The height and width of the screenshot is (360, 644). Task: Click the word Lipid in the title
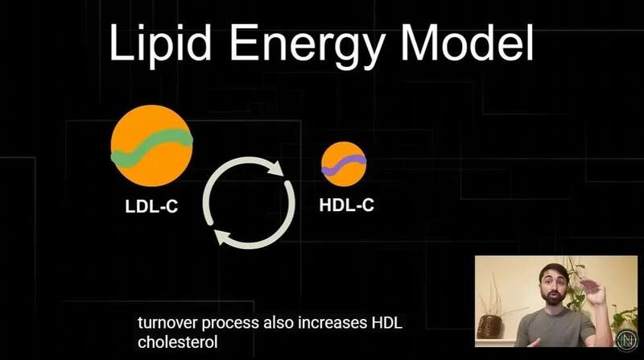pyautogui.click(x=160, y=43)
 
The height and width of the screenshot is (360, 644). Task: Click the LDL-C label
pyautogui.click(x=151, y=206)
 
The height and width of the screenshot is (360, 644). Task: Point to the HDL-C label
pyautogui.click(x=347, y=205)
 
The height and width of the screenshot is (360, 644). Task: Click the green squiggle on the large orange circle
pyautogui.click(x=151, y=147)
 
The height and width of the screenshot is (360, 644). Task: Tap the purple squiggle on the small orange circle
pyautogui.click(x=344, y=165)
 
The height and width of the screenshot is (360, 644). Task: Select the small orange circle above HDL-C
pyautogui.click(x=344, y=164)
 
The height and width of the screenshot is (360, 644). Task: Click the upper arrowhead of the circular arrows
pyautogui.click(x=275, y=168)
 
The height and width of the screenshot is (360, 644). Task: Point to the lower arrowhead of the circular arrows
pyautogui.click(x=222, y=237)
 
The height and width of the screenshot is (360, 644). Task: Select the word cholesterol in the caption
pyautogui.click(x=177, y=342)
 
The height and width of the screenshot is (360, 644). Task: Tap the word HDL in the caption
pyautogui.click(x=386, y=323)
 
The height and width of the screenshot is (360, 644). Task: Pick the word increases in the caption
pyautogui.click(x=332, y=323)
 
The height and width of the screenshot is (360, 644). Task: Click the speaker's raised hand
pyautogui.click(x=592, y=291)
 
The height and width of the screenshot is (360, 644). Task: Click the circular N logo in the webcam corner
pyautogui.click(x=627, y=340)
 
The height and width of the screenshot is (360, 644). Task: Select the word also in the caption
pyautogui.click(x=279, y=323)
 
